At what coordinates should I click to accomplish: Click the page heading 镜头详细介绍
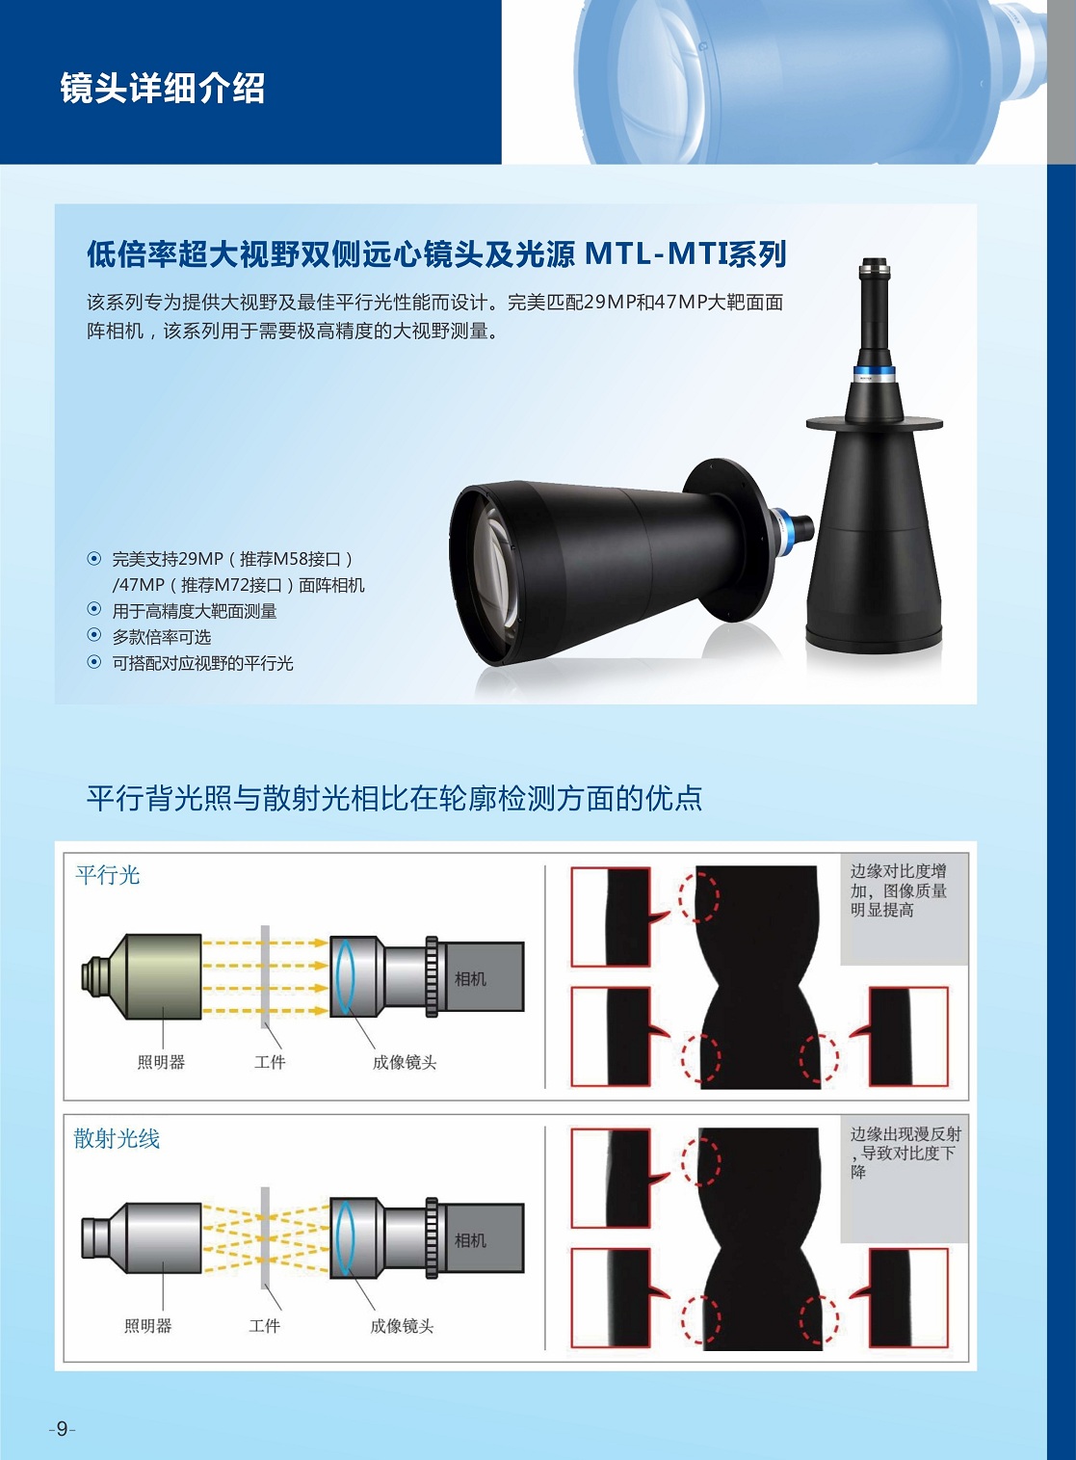pos(163,88)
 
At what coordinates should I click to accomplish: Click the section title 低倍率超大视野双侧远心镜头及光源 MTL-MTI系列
pos(436,254)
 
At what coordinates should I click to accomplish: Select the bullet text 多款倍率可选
pos(162,637)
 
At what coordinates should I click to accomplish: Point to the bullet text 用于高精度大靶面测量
pos(194,611)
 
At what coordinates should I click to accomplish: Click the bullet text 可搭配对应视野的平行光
pos(202,664)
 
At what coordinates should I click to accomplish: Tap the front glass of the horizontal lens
pos(487,572)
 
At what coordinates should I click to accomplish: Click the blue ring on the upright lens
pos(874,375)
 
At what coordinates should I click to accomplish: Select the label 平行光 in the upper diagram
pos(108,875)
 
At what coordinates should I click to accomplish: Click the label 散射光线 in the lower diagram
pos(117,1139)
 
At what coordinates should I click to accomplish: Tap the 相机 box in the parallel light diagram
pos(481,976)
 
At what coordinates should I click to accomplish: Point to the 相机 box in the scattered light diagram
pos(481,1237)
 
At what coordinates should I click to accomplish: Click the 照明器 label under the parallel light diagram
pos(161,1062)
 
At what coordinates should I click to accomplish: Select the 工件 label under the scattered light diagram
pos(265,1325)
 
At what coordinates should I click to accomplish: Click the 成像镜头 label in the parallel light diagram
pos(405,1062)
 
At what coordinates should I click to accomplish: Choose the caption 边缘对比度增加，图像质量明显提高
pos(898,890)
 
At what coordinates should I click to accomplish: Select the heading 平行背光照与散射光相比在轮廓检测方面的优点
pos(395,798)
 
